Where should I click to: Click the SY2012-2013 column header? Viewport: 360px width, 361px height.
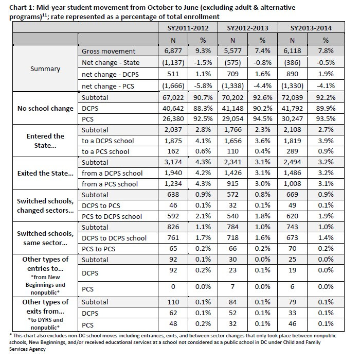point(247,28)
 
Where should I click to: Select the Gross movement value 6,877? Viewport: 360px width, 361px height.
point(173,50)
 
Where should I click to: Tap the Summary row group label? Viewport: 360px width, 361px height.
point(45,68)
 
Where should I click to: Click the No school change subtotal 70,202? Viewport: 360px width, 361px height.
point(232,97)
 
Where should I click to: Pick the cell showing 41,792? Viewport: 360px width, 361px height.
point(292,108)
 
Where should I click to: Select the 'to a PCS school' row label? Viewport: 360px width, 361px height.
point(105,151)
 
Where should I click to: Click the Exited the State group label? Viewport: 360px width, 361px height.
point(45,173)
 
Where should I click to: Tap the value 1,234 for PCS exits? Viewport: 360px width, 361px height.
point(173,183)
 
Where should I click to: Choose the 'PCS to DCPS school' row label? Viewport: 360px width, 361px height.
point(112,216)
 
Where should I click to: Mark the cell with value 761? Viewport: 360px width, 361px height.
point(173,237)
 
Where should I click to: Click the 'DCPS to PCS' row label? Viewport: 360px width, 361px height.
point(101,205)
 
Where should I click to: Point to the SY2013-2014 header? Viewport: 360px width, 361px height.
point(311,28)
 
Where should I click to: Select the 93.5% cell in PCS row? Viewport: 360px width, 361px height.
point(326,119)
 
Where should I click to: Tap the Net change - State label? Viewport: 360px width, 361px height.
point(111,63)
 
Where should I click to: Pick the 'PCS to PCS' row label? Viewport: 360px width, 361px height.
point(98,249)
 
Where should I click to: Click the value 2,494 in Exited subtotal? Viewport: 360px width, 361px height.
point(292,162)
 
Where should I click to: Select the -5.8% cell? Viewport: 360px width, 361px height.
point(203,86)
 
